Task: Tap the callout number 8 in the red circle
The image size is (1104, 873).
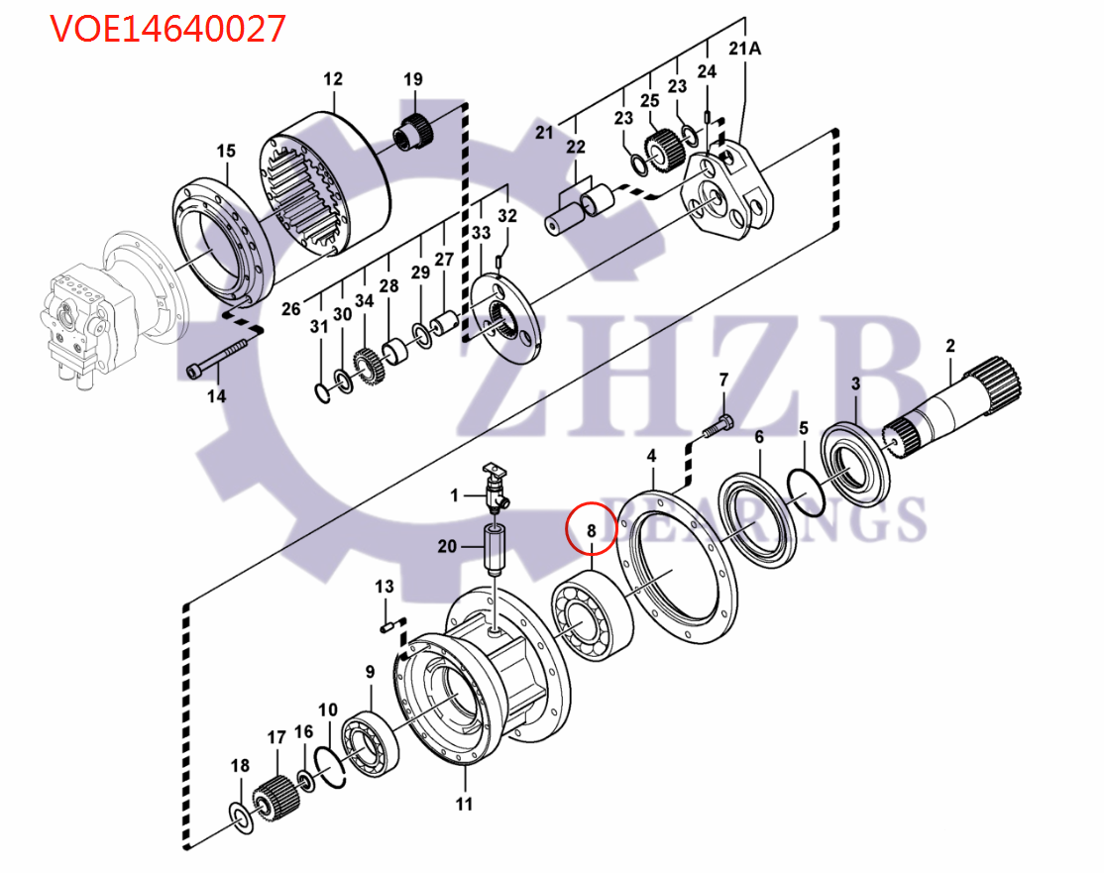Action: tap(591, 532)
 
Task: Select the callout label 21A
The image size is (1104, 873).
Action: tap(744, 49)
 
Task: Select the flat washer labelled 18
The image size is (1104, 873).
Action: tap(240, 815)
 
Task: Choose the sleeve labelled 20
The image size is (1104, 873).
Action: tap(495, 548)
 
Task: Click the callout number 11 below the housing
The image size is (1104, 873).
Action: tap(464, 804)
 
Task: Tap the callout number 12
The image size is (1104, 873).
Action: tap(332, 78)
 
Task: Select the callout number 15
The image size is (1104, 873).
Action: tap(226, 151)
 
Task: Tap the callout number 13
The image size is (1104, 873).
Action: tap(385, 588)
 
